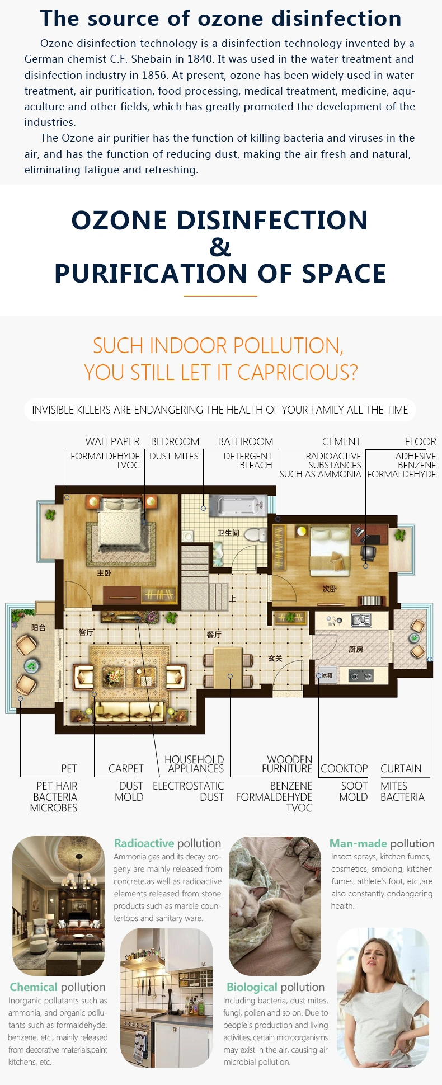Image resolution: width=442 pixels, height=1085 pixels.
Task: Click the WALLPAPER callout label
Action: [112, 441]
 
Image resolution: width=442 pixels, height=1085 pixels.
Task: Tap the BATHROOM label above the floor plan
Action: [246, 441]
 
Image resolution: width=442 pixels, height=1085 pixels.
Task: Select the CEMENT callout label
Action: [341, 441]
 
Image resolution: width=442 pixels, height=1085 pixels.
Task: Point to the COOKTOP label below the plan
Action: [344, 768]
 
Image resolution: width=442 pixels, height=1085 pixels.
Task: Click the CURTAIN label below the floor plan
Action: [401, 768]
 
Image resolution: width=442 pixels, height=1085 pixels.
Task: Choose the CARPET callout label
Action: [126, 768]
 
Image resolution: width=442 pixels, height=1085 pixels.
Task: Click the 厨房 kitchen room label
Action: [356, 649]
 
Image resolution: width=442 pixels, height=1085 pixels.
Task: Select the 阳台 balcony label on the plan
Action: [39, 628]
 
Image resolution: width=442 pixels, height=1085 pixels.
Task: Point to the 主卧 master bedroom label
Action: [104, 573]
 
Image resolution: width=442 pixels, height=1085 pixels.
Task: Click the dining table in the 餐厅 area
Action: [229, 668]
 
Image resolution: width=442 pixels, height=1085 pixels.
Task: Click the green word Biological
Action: [252, 987]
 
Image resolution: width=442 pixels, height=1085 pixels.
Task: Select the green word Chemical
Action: [34, 987]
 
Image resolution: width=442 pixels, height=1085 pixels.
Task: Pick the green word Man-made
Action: [358, 843]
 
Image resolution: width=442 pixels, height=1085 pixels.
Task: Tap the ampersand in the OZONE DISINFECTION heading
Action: [220, 247]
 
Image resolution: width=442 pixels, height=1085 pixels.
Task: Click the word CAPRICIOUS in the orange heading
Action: [297, 372]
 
